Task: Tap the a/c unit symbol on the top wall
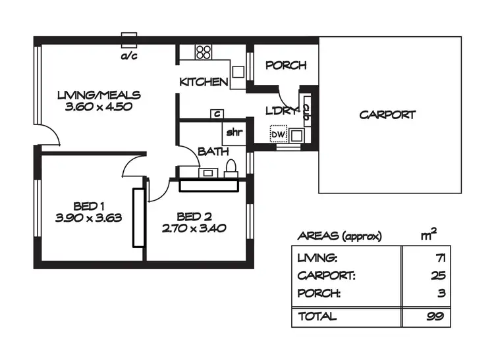pyautogui.click(x=128, y=38)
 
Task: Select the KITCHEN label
pyautogui.click(x=204, y=82)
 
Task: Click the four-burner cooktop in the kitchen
pyautogui.click(x=204, y=51)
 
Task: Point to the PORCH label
pyautogui.click(x=286, y=65)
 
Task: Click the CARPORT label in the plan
pyautogui.click(x=387, y=115)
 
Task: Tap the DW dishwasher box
pyautogui.click(x=278, y=134)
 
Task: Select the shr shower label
pyautogui.click(x=234, y=132)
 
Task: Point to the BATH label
pyautogui.click(x=213, y=152)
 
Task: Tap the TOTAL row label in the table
pyautogui.click(x=317, y=317)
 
